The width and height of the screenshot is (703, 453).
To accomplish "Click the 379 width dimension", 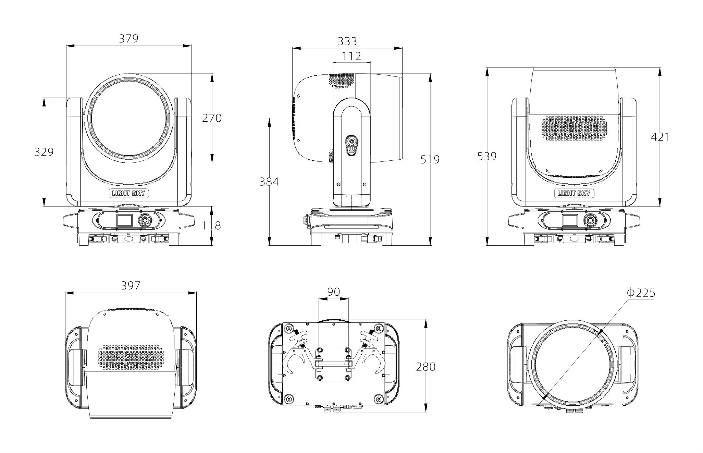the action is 128,38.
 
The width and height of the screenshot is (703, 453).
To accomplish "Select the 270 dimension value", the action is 212,118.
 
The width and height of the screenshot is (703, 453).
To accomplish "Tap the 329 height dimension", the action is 44,151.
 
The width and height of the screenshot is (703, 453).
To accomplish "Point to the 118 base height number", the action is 211,225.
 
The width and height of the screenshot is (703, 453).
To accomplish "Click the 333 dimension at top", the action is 347,41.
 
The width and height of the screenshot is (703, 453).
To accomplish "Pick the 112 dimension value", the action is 351,56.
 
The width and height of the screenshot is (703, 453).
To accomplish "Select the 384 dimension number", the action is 269,182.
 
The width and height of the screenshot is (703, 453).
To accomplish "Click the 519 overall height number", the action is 430,159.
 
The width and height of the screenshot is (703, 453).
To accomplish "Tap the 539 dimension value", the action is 487,156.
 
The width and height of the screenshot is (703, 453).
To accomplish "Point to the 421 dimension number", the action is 660,137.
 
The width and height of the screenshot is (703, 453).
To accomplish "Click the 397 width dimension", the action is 131,285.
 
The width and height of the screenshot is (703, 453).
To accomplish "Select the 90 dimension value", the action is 334,292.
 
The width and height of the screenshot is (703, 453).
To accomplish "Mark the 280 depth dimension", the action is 425,367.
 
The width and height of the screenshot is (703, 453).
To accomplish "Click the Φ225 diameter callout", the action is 641,293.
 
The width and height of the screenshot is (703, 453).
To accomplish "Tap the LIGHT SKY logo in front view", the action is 129,193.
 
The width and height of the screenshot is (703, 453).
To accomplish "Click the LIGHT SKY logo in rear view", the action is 574,193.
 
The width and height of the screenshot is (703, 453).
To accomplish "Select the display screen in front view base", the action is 124,220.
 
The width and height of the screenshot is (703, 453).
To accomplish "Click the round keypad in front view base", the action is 145,220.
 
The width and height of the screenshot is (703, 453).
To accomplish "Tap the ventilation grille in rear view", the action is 574,128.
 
